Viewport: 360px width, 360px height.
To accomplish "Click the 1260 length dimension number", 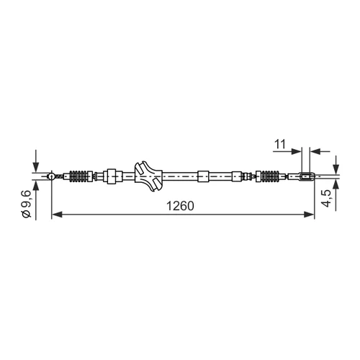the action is (x=180, y=206).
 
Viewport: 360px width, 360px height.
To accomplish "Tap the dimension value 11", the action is (x=280, y=144).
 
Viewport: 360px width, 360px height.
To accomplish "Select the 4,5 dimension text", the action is (x=326, y=198).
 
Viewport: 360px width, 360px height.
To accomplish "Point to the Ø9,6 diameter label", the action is (x=27, y=204).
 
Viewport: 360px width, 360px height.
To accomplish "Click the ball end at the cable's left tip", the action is (x=51, y=176).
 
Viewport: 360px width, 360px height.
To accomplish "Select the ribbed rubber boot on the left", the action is (x=78, y=176).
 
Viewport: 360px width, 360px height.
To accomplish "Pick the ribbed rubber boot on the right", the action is (x=271, y=176).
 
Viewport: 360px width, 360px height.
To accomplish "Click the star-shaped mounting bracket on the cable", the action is (x=148, y=176).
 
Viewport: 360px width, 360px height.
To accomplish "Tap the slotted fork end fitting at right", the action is (x=307, y=176).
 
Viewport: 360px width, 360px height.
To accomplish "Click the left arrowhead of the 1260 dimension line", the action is (x=57, y=215).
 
